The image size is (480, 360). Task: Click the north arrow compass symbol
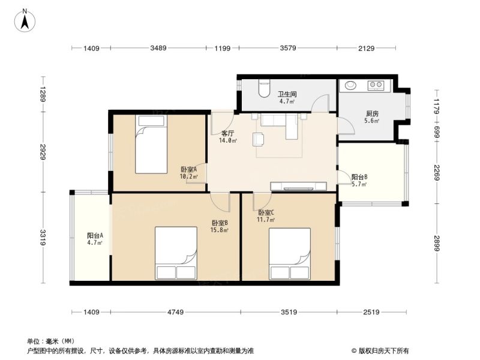pos(25,20)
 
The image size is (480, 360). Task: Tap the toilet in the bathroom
pos(264,88)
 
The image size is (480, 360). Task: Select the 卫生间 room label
pos(287,94)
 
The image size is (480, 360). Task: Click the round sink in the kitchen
pos(350,85)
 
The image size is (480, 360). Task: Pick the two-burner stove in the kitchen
pos(376,85)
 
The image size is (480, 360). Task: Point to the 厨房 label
pos(372,113)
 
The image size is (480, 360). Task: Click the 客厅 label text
pos(228,133)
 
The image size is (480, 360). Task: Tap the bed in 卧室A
pos(151,144)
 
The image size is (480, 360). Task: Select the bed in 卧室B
pos(176,253)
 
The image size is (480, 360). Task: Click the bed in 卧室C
pos(290,254)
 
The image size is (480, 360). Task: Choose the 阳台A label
pos(95,235)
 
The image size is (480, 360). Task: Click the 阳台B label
pos(359,177)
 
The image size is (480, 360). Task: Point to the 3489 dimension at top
pos(158,48)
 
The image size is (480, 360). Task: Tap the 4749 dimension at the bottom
pos(176,312)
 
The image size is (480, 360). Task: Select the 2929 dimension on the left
pos(43,152)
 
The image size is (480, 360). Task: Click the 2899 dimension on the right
pos(437,244)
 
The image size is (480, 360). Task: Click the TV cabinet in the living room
pos(298,186)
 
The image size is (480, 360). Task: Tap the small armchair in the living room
pos(259,139)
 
